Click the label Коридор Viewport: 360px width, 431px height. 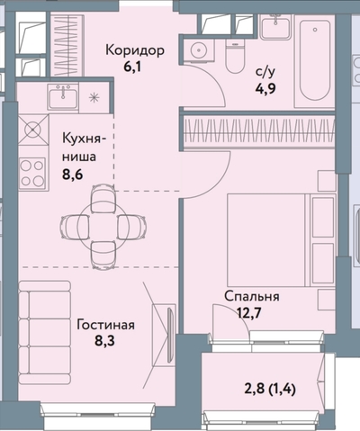pos(134,50)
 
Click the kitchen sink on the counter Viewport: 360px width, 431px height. pos(63,96)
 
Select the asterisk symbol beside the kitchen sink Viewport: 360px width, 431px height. pos(94,96)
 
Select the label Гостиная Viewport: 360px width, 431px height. pos(106,325)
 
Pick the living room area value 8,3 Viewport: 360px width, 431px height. pos(106,342)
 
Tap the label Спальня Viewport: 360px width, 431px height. pos(251,296)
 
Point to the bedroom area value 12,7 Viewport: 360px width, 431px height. pos(251,312)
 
